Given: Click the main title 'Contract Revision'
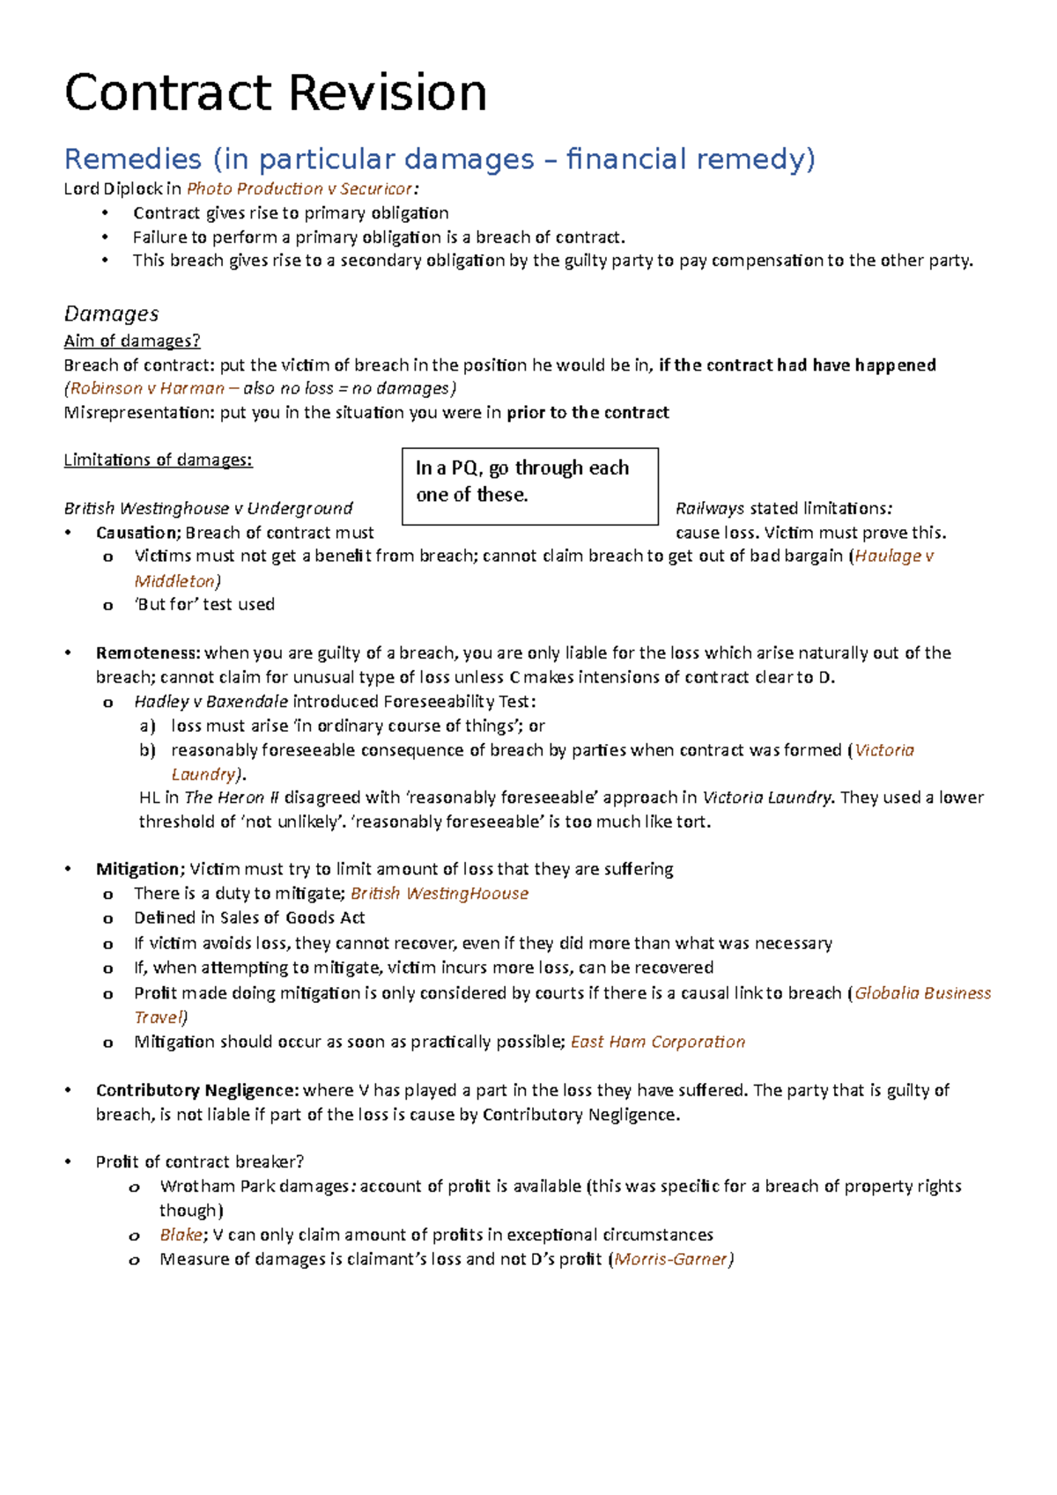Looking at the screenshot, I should (275, 93).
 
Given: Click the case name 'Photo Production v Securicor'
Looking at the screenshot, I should (299, 188).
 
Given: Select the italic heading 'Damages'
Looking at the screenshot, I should (111, 313).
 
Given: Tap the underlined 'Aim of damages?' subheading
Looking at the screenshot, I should (132, 341).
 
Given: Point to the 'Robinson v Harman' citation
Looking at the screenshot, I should (147, 388).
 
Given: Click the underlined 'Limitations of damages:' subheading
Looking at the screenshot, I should (158, 460).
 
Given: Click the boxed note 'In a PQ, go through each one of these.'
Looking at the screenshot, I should (529, 482).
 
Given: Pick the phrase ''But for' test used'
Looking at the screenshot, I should (204, 604).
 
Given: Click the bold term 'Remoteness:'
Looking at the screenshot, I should (148, 652).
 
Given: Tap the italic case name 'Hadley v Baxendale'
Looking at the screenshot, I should (211, 702).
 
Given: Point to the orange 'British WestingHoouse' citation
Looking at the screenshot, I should (440, 894).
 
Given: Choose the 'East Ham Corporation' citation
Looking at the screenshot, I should (658, 1042).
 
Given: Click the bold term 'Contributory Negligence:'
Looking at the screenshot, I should (197, 1090).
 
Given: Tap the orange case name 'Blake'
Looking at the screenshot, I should (181, 1234).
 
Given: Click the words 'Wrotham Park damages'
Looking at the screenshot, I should (255, 1186).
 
